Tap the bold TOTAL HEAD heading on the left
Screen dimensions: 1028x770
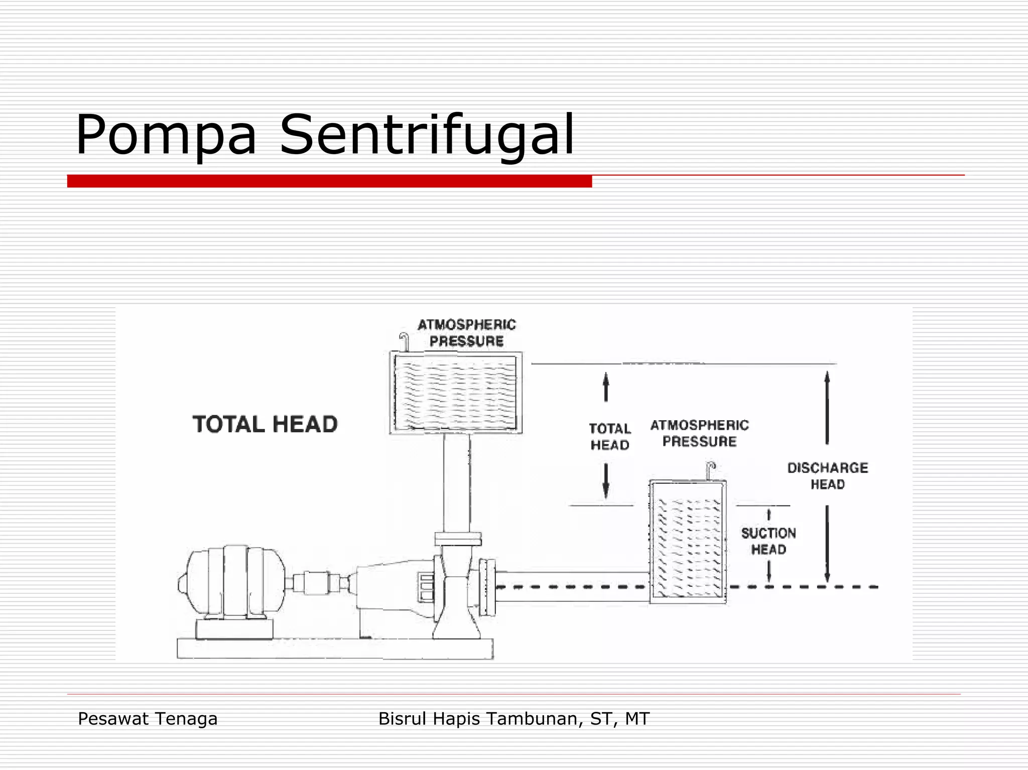(x=265, y=424)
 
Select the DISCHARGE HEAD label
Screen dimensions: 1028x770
(x=827, y=476)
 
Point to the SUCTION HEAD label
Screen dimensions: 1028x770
(x=768, y=541)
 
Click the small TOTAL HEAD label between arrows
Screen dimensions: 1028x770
(x=610, y=437)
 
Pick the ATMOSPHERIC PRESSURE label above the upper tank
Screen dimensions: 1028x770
(x=467, y=333)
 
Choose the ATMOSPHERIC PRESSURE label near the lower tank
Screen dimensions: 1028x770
(x=700, y=433)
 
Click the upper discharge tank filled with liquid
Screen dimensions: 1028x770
(x=456, y=393)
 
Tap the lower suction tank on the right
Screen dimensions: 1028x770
(x=688, y=542)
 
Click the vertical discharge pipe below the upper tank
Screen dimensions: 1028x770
(x=456, y=482)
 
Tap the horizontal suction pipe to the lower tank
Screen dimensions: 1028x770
(x=572, y=586)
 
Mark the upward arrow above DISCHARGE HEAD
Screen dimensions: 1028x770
(x=827, y=407)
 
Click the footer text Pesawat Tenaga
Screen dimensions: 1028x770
(x=148, y=719)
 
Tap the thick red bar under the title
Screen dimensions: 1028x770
(x=329, y=181)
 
